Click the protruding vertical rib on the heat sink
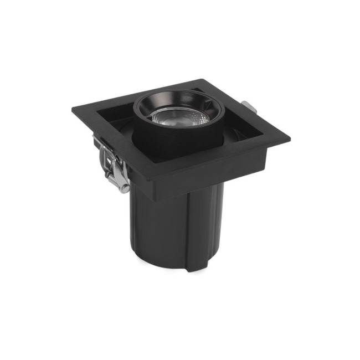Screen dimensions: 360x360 [194, 233]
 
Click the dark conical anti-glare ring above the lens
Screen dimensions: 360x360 [176, 102]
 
